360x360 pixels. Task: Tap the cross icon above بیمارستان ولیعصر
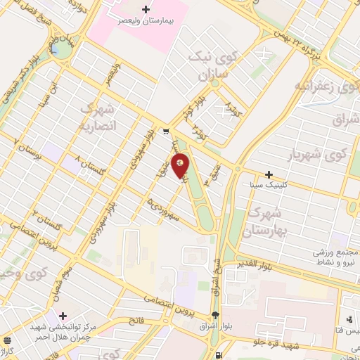click(146, 10)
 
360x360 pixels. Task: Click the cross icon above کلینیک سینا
click(269, 174)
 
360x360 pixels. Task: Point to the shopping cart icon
click(165, 131)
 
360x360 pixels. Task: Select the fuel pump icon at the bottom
click(219, 354)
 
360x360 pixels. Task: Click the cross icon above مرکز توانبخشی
click(63, 315)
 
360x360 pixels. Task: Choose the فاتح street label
click(135, 320)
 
